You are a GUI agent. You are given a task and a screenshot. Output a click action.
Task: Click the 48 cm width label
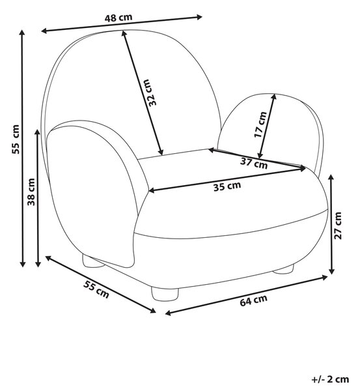coord(118,18)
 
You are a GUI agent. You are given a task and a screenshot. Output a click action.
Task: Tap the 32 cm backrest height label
coord(152,93)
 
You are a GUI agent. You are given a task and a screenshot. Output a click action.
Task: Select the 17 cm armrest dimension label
coord(260,124)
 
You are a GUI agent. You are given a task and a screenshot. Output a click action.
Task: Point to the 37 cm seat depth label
coord(254,164)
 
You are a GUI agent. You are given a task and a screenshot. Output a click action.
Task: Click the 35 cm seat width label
coord(227,186)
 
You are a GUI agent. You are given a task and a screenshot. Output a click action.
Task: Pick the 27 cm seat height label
coord(338,225)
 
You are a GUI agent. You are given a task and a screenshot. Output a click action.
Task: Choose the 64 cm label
coord(253,300)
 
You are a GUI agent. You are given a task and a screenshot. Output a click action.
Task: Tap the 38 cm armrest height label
coord(31,192)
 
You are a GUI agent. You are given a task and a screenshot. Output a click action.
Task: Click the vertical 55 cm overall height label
coord(16,139)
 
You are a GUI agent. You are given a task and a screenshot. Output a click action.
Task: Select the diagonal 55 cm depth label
coord(96,289)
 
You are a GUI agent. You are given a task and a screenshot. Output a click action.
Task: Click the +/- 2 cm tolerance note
coord(330,379)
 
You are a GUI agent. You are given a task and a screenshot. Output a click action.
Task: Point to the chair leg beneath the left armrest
coord(92,261)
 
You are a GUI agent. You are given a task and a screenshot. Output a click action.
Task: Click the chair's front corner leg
coord(165,295)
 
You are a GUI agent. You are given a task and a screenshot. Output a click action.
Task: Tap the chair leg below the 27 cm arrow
coord(284,269)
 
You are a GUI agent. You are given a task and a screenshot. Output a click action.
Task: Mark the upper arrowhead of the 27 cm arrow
coord(331,177)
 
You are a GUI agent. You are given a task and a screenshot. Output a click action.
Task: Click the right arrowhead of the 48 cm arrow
coord(199,17)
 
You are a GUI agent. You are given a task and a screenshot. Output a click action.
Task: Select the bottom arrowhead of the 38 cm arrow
coord(38,264)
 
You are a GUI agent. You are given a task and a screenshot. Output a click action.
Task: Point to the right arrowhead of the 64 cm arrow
coord(324,277)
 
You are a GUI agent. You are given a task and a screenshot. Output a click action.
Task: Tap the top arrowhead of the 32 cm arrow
coord(123,33)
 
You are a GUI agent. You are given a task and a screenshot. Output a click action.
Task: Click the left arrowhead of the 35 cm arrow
coord(152,190)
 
